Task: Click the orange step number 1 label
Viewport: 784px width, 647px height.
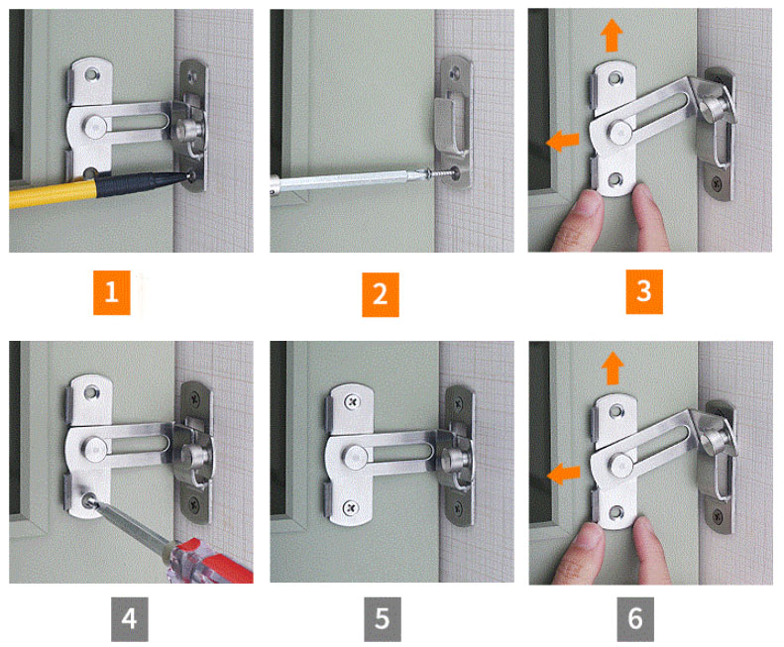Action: tap(111, 292)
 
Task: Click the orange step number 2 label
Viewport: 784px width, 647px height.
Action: tap(380, 294)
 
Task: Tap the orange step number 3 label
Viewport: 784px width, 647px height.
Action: tap(644, 291)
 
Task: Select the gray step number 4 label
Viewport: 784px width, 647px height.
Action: tap(130, 619)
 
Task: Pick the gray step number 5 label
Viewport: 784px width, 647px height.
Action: tap(382, 619)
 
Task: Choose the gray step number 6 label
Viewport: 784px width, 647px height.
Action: tap(635, 619)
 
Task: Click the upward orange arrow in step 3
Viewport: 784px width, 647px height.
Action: tap(612, 35)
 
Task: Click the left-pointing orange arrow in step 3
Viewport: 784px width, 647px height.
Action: tap(563, 141)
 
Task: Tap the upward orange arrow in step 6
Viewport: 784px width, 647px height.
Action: tap(613, 368)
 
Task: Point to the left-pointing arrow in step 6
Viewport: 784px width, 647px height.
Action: tap(564, 474)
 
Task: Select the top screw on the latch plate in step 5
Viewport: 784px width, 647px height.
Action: tap(353, 401)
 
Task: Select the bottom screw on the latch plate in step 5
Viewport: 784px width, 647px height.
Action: tap(351, 508)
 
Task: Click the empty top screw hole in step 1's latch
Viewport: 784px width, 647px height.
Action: tap(92, 74)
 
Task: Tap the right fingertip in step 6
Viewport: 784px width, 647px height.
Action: tap(650, 550)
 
